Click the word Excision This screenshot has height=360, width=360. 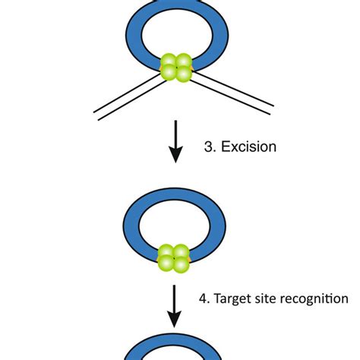(249, 147)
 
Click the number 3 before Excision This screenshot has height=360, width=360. (210, 147)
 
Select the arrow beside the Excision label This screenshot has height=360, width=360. (175, 141)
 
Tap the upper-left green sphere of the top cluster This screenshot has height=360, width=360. (170, 62)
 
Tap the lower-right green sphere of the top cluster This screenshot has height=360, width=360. (184, 73)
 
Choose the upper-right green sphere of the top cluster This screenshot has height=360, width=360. (184, 62)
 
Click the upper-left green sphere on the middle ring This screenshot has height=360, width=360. (169, 253)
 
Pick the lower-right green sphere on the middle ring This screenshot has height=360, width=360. (183, 264)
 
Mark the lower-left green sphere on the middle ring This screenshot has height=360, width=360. (169, 264)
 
